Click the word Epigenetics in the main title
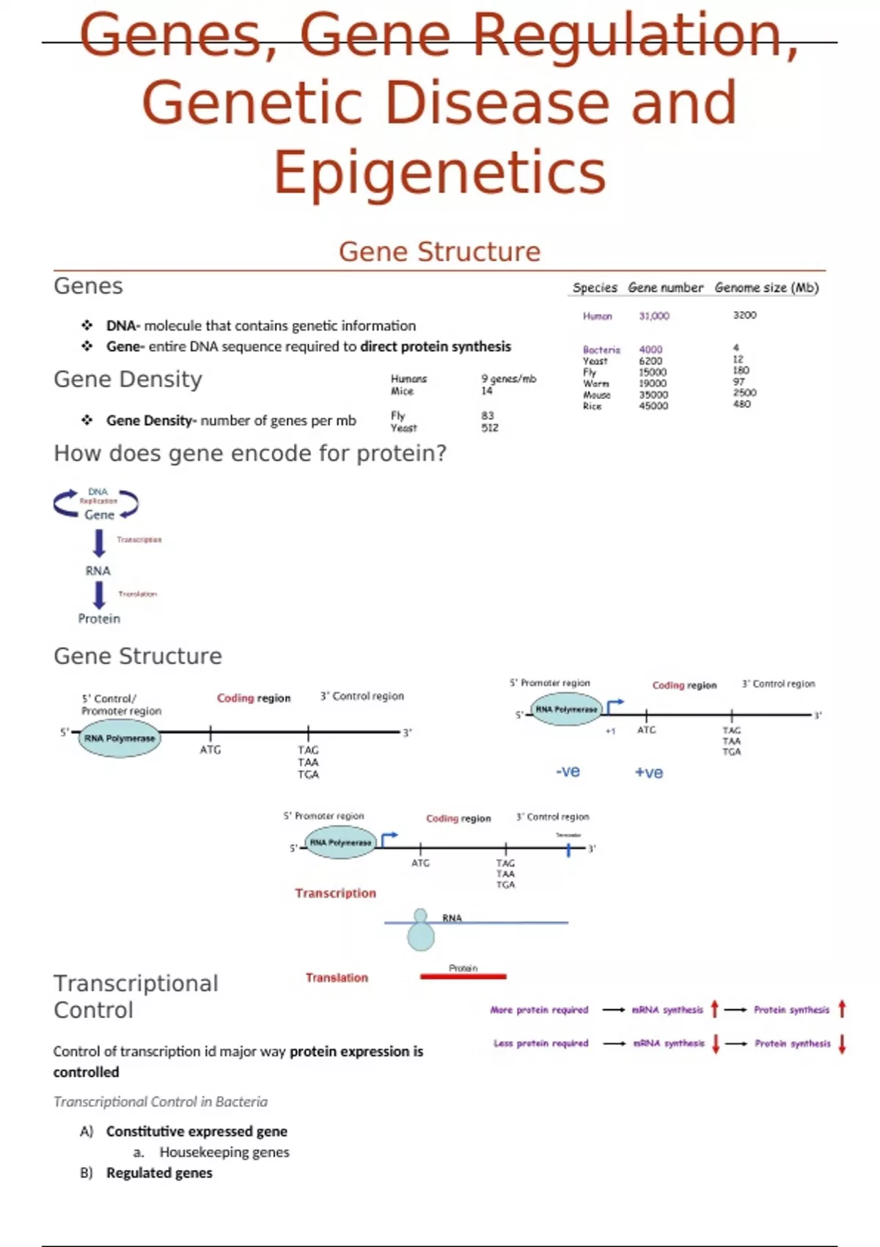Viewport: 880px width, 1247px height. [x=439, y=172]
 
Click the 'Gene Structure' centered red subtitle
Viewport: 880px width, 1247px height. [x=439, y=252]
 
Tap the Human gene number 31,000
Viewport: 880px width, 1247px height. [x=653, y=316]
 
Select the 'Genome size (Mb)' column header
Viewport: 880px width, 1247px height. [x=766, y=288]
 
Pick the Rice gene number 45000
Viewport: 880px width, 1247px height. [x=653, y=406]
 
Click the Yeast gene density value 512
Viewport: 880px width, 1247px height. [x=490, y=428]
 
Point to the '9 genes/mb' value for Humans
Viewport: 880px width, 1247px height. [x=508, y=379]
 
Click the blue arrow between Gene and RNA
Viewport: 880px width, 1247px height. [x=99, y=543]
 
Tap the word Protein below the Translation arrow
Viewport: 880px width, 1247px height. [x=99, y=618]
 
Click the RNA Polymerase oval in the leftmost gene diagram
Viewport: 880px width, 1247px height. [x=120, y=738]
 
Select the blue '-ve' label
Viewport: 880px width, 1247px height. [x=568, y=772]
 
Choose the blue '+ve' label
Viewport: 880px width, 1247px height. [x=649, y=772]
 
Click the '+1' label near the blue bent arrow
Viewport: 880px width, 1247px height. [x=610, y=731]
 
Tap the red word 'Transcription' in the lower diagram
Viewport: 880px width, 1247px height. [x=335, y=893]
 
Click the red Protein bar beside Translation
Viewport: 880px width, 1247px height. [x=463, y=976]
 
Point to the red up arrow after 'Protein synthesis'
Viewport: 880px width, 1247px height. [x=842, y=1009]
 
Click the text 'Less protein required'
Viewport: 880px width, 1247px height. [x=540, y=1043]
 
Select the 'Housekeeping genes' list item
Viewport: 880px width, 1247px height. [x=224, y=1152]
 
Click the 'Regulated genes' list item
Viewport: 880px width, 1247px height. [x=159, y=1173]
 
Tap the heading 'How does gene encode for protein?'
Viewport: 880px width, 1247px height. [x=250, y=453]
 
